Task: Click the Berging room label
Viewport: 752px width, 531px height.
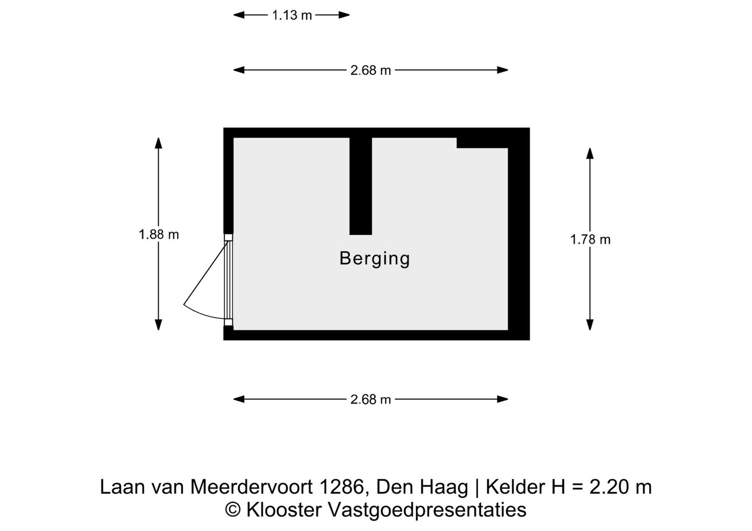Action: click(x=374, y=259)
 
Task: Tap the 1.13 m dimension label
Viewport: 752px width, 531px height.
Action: click(x=291, y=16)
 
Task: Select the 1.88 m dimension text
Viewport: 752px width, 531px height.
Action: click(x=159, y=235)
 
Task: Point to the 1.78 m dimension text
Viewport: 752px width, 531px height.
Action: click(x=590, y=239)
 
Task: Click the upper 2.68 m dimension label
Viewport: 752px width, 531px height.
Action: click(x=370, y=70)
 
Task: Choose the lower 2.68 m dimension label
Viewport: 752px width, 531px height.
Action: click(x=370, y=400)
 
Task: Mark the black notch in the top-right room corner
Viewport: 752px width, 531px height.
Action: click(x=481, y=142)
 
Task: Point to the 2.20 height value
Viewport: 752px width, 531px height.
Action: click(x=607, y=487)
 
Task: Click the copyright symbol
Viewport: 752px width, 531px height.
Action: click(x=233, y=510)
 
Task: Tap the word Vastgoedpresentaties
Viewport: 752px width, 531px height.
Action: click(x=427, y=510)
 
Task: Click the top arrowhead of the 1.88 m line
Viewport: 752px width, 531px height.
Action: click(x=158, y=142)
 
